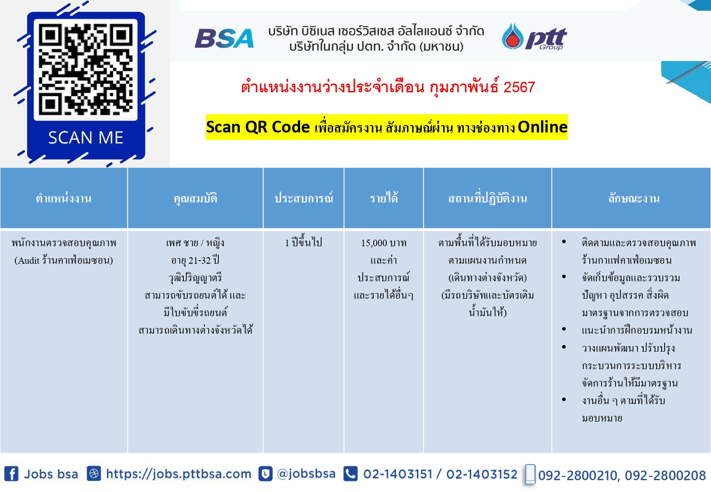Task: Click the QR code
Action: pos(86,70)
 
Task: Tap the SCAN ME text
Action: pos(86,138)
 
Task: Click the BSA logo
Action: pos(224,38)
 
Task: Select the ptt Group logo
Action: pos(534,36)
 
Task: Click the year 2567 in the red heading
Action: pos(519,87)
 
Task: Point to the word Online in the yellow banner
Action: pos(543,127)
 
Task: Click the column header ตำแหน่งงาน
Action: pos(63,199)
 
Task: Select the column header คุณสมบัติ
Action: pos(195,199)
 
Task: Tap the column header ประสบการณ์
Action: pos(304,198)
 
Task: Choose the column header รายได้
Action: pos(384,198)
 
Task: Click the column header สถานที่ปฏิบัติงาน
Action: pos(487,198)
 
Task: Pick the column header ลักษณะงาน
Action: pos(634,199)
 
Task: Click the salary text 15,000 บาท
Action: pos(384,243)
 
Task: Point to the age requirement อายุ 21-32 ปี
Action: pos(195,260)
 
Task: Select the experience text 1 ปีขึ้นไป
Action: pos(304,242)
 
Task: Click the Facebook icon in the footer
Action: pos(11,474)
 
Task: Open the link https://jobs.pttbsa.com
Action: pos(179,474)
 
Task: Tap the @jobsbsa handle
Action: pos(306,474)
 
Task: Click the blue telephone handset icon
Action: pos(350,474)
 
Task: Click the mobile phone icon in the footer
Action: pos(530,474)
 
